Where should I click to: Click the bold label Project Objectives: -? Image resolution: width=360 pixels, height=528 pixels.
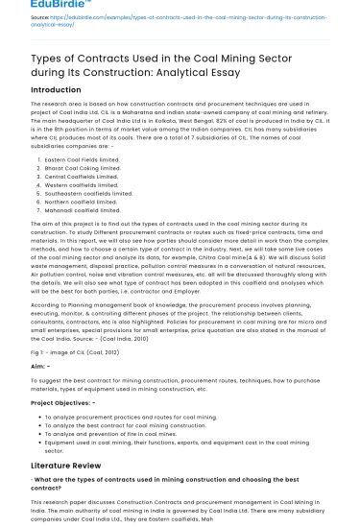[x=63, y=402]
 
